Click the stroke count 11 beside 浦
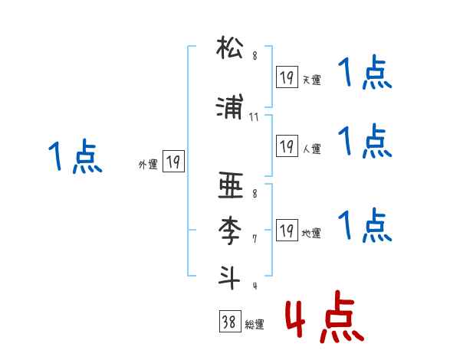(x=255, y=116)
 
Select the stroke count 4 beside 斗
(x=254, y=286)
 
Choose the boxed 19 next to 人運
(x=287, y=146)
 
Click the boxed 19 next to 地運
(x=287, y=230)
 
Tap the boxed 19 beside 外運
(x=173, y=162)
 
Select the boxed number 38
(x=228, y=323)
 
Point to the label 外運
(x=148, y=164)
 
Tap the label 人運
(x=311, y=149)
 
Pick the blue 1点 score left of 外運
(x=74, y=158)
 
